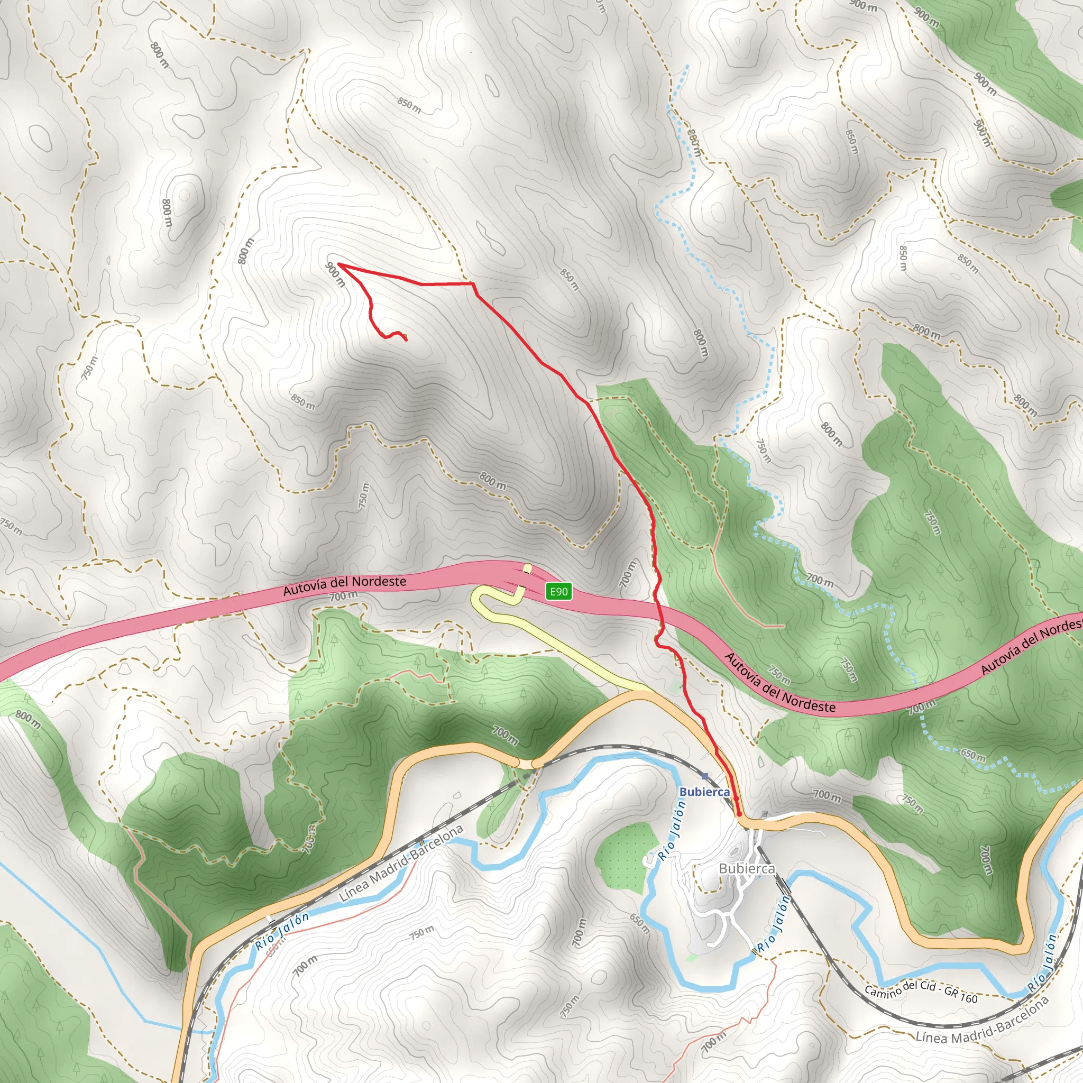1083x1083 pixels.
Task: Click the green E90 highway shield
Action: tap(559, 591)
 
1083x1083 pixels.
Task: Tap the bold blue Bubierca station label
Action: tap(704, 792)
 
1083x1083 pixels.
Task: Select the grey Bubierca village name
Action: tap(747, 868)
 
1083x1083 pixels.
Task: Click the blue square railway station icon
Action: tap(704, 776)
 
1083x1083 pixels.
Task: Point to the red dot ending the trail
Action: tap(739, 813)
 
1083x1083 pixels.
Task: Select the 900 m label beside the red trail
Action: tap(335, 274)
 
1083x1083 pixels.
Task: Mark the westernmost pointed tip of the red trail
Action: tap(338, 264)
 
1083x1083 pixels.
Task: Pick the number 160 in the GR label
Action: tap(969, 998)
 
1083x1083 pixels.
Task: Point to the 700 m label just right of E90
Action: tap(627, 573)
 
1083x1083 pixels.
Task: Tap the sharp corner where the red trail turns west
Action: tap(473, 284)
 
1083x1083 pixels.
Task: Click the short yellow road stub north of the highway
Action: tap(527, 569)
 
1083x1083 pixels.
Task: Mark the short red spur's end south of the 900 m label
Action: tap(405, 339)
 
